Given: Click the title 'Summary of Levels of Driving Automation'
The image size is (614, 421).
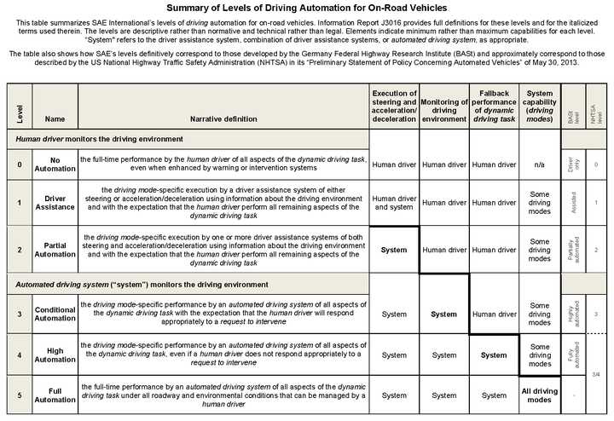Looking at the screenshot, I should tap(307, 9).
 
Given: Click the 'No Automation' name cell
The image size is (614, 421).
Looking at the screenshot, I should tap(55, 164).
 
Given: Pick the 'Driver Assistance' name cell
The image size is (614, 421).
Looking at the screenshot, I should tap(55, 202).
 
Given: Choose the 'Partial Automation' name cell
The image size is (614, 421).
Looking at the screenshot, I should tap(55, 249).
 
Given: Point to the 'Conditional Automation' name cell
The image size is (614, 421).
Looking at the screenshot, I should tap(55, 314).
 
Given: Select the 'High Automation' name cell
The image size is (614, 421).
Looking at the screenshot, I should tap(55, 354).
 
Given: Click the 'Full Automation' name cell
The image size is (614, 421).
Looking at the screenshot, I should tap(55, 395).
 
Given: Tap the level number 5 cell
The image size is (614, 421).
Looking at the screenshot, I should tap(19, 395).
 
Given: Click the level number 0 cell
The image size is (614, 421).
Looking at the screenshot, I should tap(19, 164).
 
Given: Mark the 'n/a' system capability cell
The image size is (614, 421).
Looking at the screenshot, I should tap(539, 164).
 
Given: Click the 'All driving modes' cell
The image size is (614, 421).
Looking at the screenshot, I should tap(539, 395).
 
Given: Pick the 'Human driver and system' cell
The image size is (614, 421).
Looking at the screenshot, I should tap(394, 202).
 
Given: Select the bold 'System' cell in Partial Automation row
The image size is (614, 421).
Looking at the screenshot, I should tap(394, 250).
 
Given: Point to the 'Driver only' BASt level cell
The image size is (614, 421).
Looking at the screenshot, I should tap(571, 164).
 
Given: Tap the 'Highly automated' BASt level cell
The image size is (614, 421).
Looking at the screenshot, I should tap(571, 314).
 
